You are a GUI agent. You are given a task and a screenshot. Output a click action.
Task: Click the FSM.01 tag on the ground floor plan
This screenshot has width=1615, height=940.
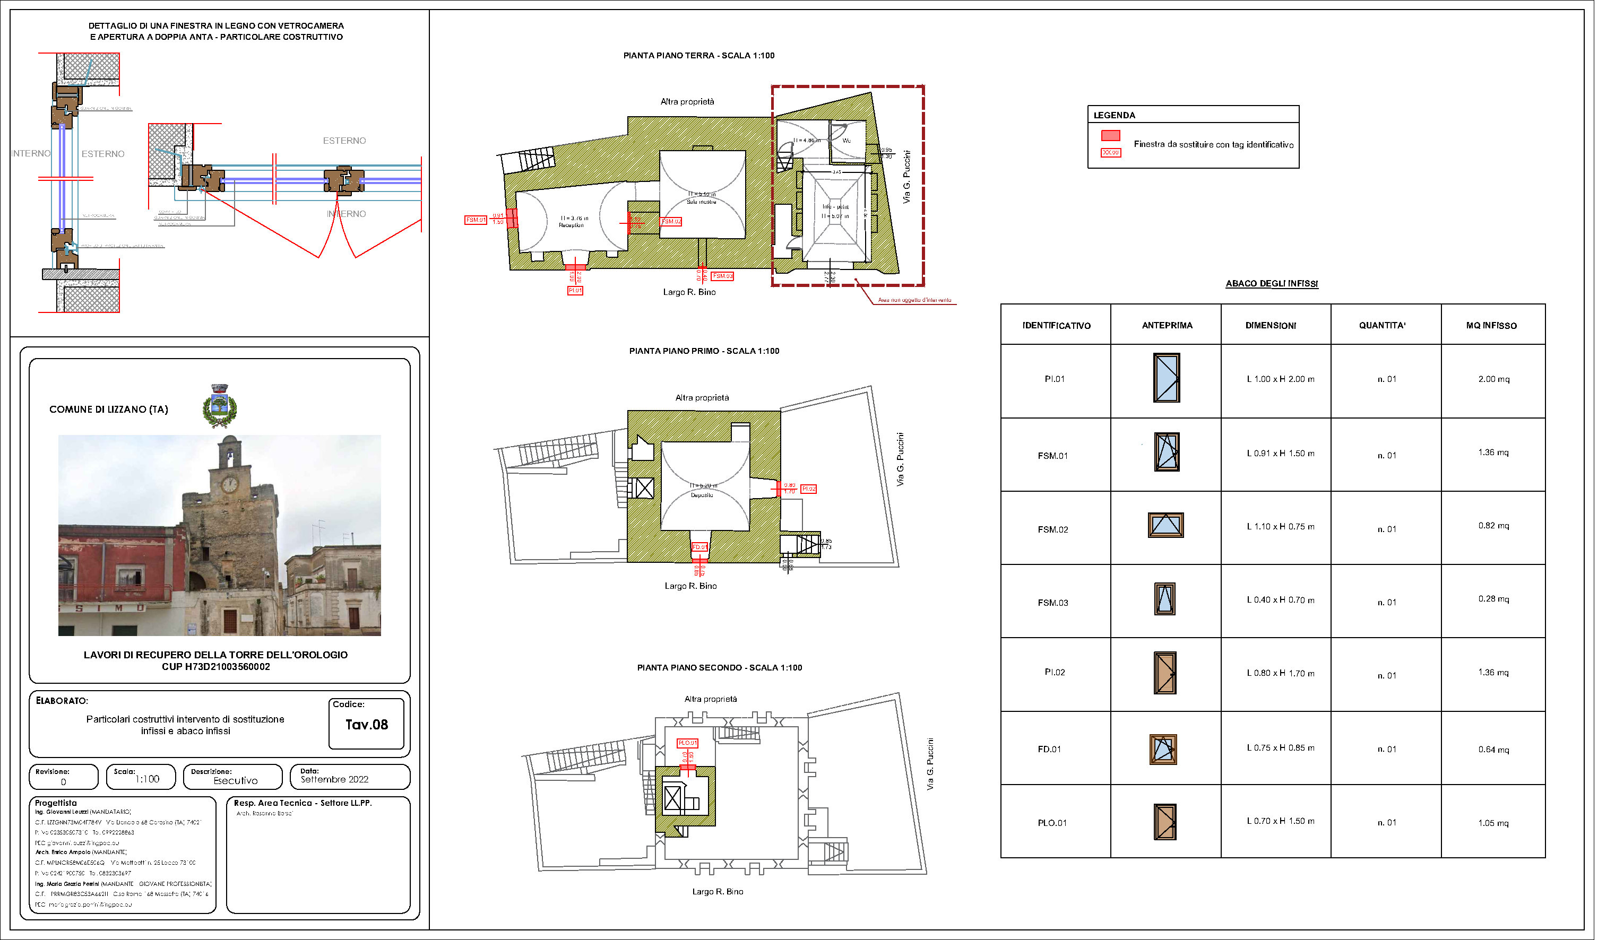(475, 220)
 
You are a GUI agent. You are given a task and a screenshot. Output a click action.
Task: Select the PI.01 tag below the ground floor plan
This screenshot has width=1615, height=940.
(575, 290)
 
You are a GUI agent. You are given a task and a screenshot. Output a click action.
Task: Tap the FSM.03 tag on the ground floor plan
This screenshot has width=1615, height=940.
(722, 276)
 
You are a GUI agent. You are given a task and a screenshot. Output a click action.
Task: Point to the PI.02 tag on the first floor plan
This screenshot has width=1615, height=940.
(808, 489)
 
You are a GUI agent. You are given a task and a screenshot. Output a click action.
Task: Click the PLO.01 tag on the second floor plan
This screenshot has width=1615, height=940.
(687, 743)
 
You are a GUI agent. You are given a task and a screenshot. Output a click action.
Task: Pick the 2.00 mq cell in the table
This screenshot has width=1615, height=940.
(1493, 379)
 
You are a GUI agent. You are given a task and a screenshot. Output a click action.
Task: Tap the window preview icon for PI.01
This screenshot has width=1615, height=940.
(1166, 378)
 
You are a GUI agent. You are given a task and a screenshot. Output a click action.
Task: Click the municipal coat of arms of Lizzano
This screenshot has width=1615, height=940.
(219, 406)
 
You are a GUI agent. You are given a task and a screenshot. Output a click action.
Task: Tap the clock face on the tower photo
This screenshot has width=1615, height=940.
(229, 484)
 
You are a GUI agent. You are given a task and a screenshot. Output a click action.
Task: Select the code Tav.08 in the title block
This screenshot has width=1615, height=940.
(366, 725)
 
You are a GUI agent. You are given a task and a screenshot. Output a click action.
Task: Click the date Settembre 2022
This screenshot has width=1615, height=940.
(334, 780)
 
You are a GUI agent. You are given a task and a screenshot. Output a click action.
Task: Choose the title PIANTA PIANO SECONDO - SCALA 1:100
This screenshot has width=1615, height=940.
(719, 668)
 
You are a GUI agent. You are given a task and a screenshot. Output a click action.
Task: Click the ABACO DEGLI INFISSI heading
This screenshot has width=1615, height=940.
(1272, 283)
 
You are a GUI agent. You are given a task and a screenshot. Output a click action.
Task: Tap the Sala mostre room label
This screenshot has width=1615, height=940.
(701, 202)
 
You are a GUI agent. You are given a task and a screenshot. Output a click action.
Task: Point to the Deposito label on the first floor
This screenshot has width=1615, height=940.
(702, 495)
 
